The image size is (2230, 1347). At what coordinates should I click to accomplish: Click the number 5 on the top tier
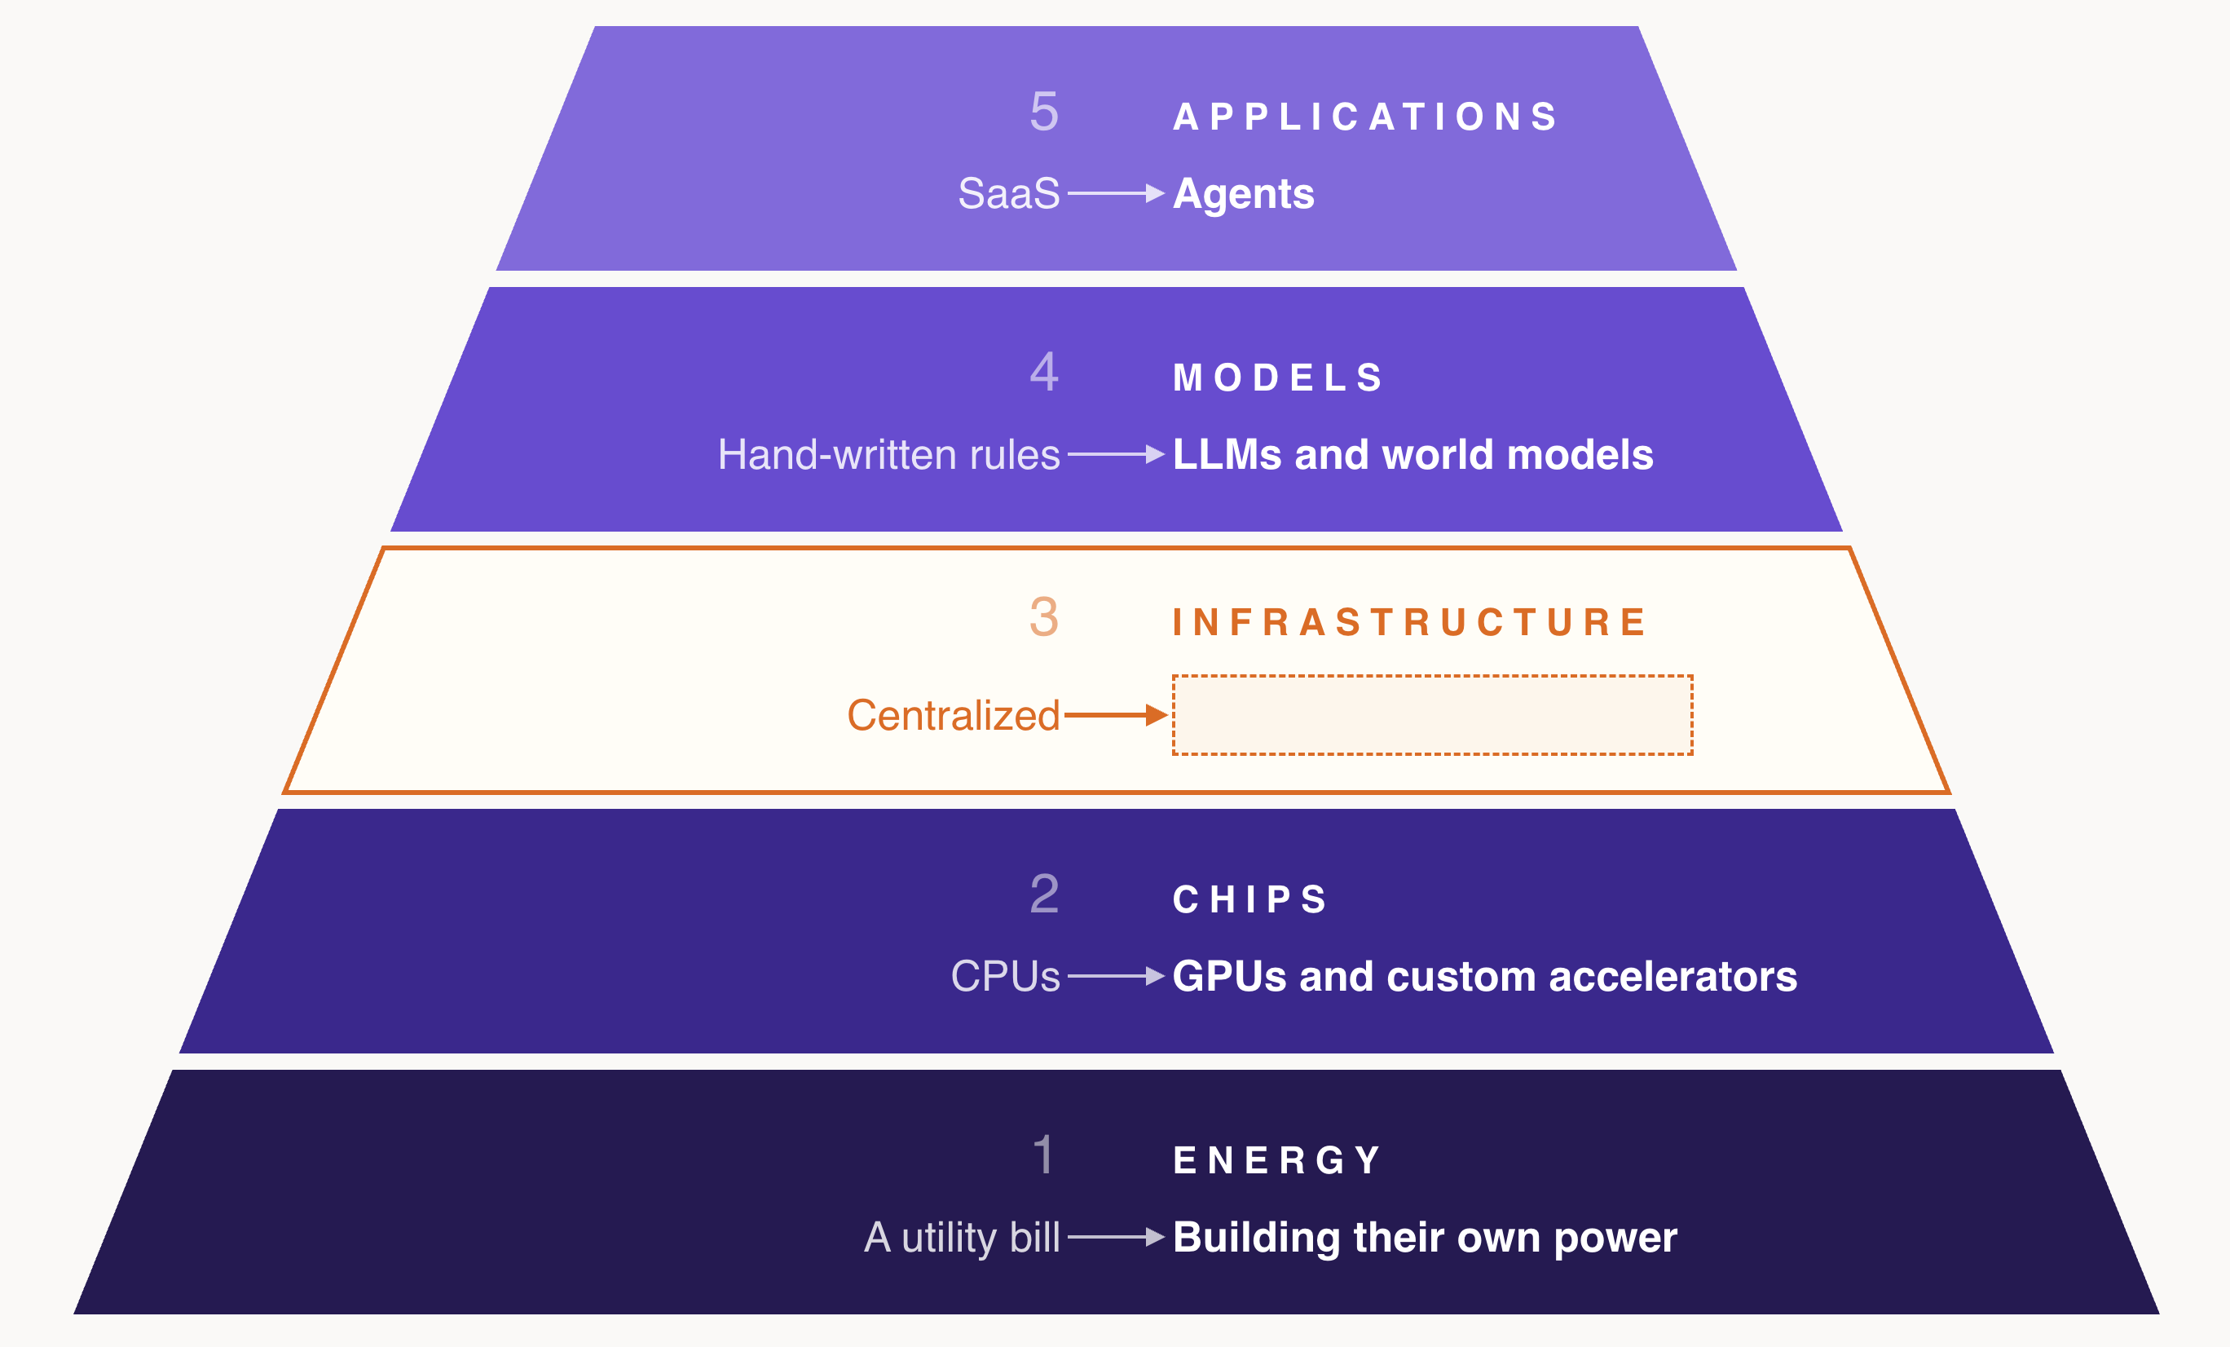(1044, 112)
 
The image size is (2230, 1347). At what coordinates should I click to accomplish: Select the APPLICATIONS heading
(1364, 117)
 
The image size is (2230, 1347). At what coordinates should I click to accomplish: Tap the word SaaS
(1009, 192)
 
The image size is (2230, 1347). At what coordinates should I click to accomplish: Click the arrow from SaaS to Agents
(1116, 192)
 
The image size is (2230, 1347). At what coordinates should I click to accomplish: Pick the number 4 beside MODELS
(1044, 372)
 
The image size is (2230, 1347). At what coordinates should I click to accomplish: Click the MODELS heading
(1277, 378)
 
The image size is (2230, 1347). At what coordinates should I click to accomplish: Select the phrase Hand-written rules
(888, 454)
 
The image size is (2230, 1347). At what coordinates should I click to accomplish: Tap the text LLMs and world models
(1412, 454)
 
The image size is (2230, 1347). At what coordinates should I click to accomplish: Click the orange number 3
(1044, 616)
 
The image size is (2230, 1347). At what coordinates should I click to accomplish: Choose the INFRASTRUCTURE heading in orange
(1408, 622)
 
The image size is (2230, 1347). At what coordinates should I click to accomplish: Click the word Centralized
(954, 715)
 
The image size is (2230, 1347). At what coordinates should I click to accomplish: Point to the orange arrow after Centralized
(1116, 715)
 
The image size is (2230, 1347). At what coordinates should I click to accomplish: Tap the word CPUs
(1006, 976)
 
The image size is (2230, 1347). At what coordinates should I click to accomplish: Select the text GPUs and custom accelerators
(1485, 976)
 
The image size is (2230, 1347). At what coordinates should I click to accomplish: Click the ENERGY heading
(1277, 1160)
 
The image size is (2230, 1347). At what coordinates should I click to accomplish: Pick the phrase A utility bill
(962, 1238)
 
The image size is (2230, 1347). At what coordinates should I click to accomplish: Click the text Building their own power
(1426, 1238)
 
